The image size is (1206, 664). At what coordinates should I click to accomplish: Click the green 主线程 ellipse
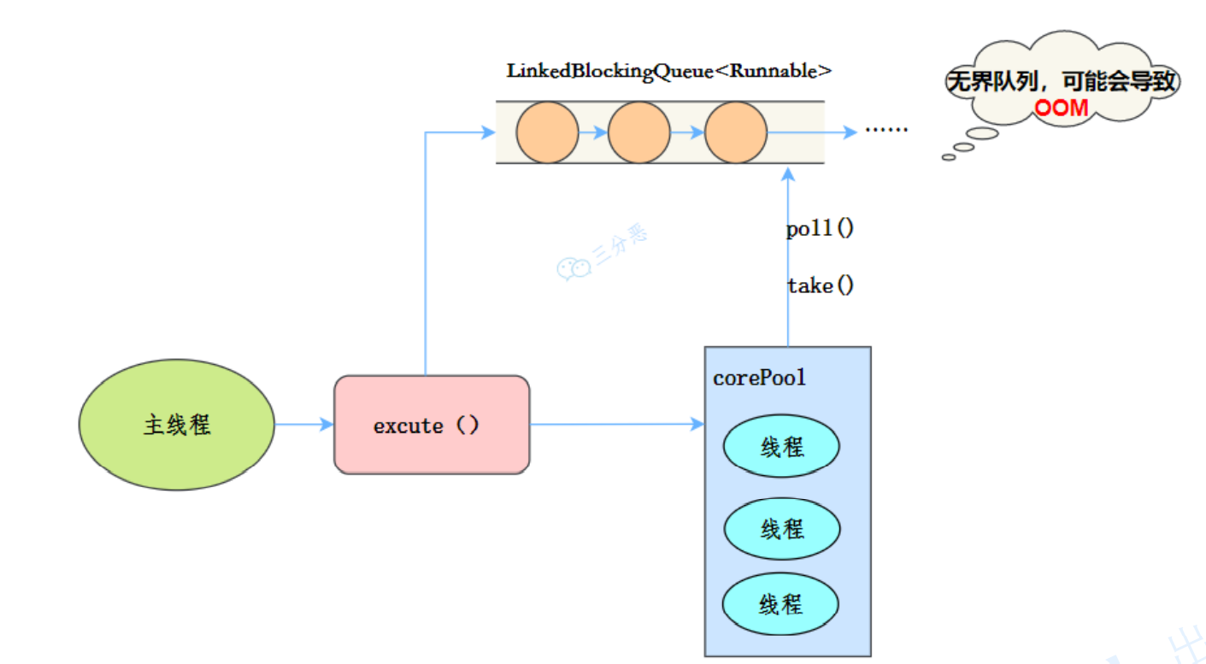[x=177, y=425]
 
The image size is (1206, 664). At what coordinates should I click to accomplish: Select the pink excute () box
[x=431, y=425]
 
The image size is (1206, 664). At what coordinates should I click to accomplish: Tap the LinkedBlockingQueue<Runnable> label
[x=668, y=71]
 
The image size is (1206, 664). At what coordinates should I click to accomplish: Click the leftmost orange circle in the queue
[x=547, y=132]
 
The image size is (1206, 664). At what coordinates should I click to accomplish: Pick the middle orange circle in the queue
[x=639, y=132]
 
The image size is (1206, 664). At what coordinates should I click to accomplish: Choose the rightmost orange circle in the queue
[x=736, y=132]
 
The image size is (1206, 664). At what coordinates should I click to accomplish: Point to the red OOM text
[x=1062, y=108]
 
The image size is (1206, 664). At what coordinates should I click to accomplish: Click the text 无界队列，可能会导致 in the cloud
[x=1062, y=83]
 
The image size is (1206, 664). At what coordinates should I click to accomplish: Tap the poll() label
[x=820, y=229]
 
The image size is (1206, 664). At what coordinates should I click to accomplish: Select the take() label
[x=820, y=285]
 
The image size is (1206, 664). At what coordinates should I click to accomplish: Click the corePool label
[x=759, y=378]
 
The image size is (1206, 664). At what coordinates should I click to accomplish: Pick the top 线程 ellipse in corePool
[x=781, y=446]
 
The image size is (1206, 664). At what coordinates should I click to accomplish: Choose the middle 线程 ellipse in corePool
[x=781, y=529]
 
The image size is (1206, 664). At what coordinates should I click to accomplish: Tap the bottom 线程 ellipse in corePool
[x=780, y=604]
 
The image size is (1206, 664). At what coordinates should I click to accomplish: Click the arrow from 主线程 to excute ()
[x=303, y=424]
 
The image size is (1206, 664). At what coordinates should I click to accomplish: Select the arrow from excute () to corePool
[x=615, y=424]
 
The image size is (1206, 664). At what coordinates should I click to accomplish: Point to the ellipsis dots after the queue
[x=885, y=131]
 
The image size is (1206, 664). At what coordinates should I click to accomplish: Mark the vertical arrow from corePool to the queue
[x=788, y=256]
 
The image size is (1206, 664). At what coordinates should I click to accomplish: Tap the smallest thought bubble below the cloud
[x=948, y=157]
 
